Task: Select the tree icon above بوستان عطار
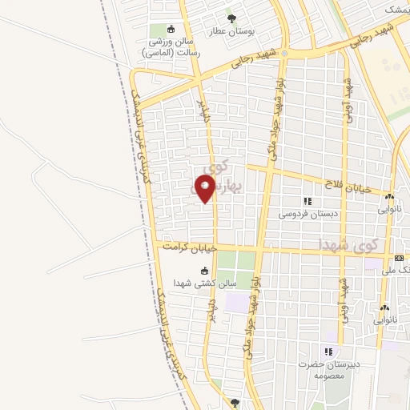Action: [x=231, y=17]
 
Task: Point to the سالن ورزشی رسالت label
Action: [x=169, y=47]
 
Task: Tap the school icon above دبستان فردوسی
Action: [x=307, y=200]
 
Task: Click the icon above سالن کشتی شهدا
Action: [x=203, y=271]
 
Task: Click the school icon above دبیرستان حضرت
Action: [x=327, y=351]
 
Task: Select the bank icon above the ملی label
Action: [x=399, y=258]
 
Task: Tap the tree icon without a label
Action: [x=235, y=402]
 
